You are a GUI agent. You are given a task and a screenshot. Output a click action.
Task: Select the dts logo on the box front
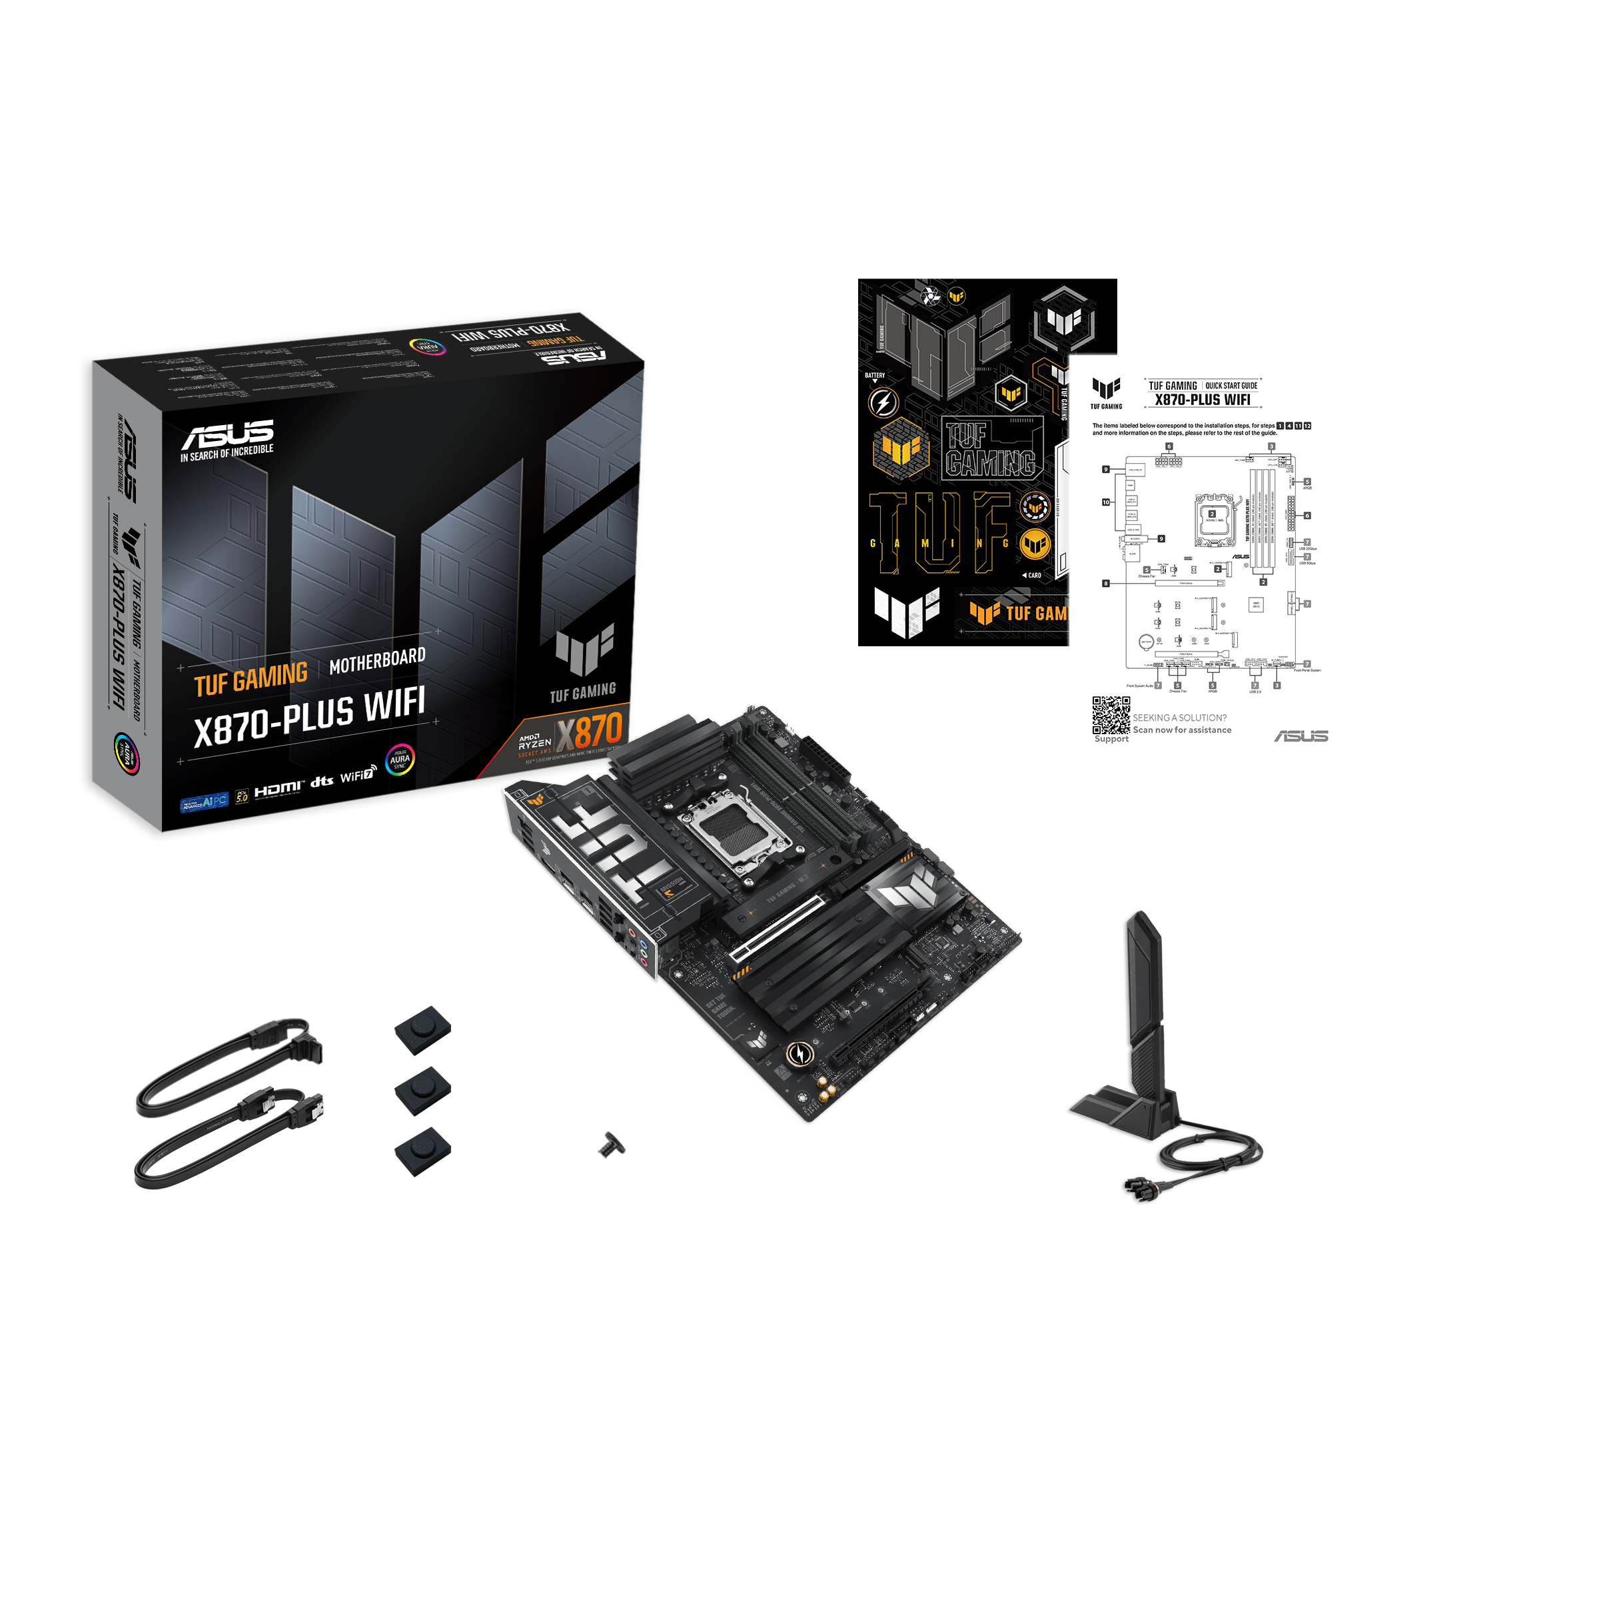(322, 782)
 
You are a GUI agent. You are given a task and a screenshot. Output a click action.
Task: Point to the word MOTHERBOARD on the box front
(377, 660)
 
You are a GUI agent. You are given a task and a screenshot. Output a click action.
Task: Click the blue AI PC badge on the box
(204, 802)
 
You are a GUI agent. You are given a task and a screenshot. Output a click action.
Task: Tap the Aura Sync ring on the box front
(400, 759)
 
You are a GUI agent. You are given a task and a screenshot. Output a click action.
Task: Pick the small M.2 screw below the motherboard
(612, 1145)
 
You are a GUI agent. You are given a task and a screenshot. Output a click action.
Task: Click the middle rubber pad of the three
(422, 1090)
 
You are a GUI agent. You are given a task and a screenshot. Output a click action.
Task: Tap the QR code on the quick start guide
(1111, 715)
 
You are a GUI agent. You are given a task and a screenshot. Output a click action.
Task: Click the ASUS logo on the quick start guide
(1301, 736)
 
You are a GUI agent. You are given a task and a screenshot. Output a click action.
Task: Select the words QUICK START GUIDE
(1231, 386)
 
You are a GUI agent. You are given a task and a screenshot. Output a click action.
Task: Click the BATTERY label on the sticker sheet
(875, 376)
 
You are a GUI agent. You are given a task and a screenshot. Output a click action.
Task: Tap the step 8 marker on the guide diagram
(1106, 584)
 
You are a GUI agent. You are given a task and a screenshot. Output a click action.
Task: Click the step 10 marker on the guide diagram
(1106, 502)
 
